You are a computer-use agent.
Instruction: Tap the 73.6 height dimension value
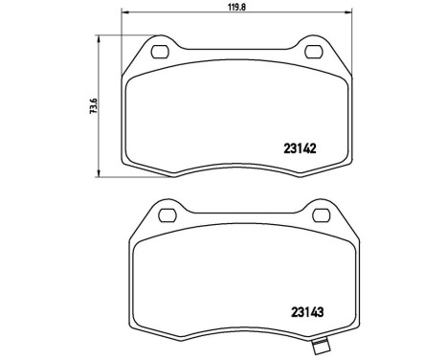(91, 103)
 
